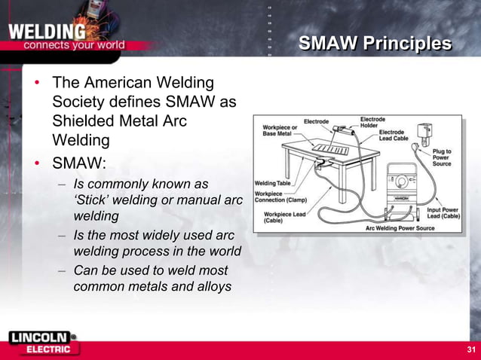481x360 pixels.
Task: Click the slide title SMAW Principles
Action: [375, 44]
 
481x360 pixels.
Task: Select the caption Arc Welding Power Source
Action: [400, 227]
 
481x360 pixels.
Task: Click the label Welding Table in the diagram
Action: [272, 183]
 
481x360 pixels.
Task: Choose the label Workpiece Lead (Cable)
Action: [277, 218]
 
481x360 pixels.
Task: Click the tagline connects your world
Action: [74, 44]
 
